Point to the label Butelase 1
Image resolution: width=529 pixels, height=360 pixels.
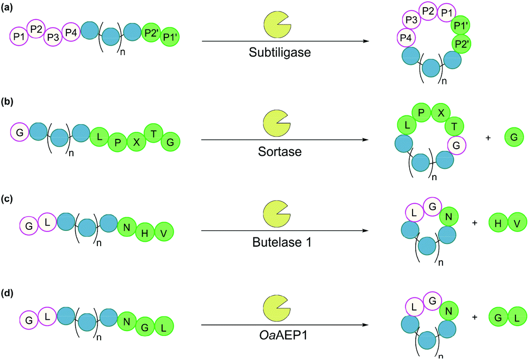pyautogui.click(x=277, y=243)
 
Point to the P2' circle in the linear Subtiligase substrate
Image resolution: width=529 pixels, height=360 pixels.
pyautogui.click(x=150, y=32)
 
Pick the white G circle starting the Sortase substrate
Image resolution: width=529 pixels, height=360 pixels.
pyautogui.click(x=19, y=132)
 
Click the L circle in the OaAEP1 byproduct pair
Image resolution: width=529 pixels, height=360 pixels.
pyautogui.click(x=514, y=315)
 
